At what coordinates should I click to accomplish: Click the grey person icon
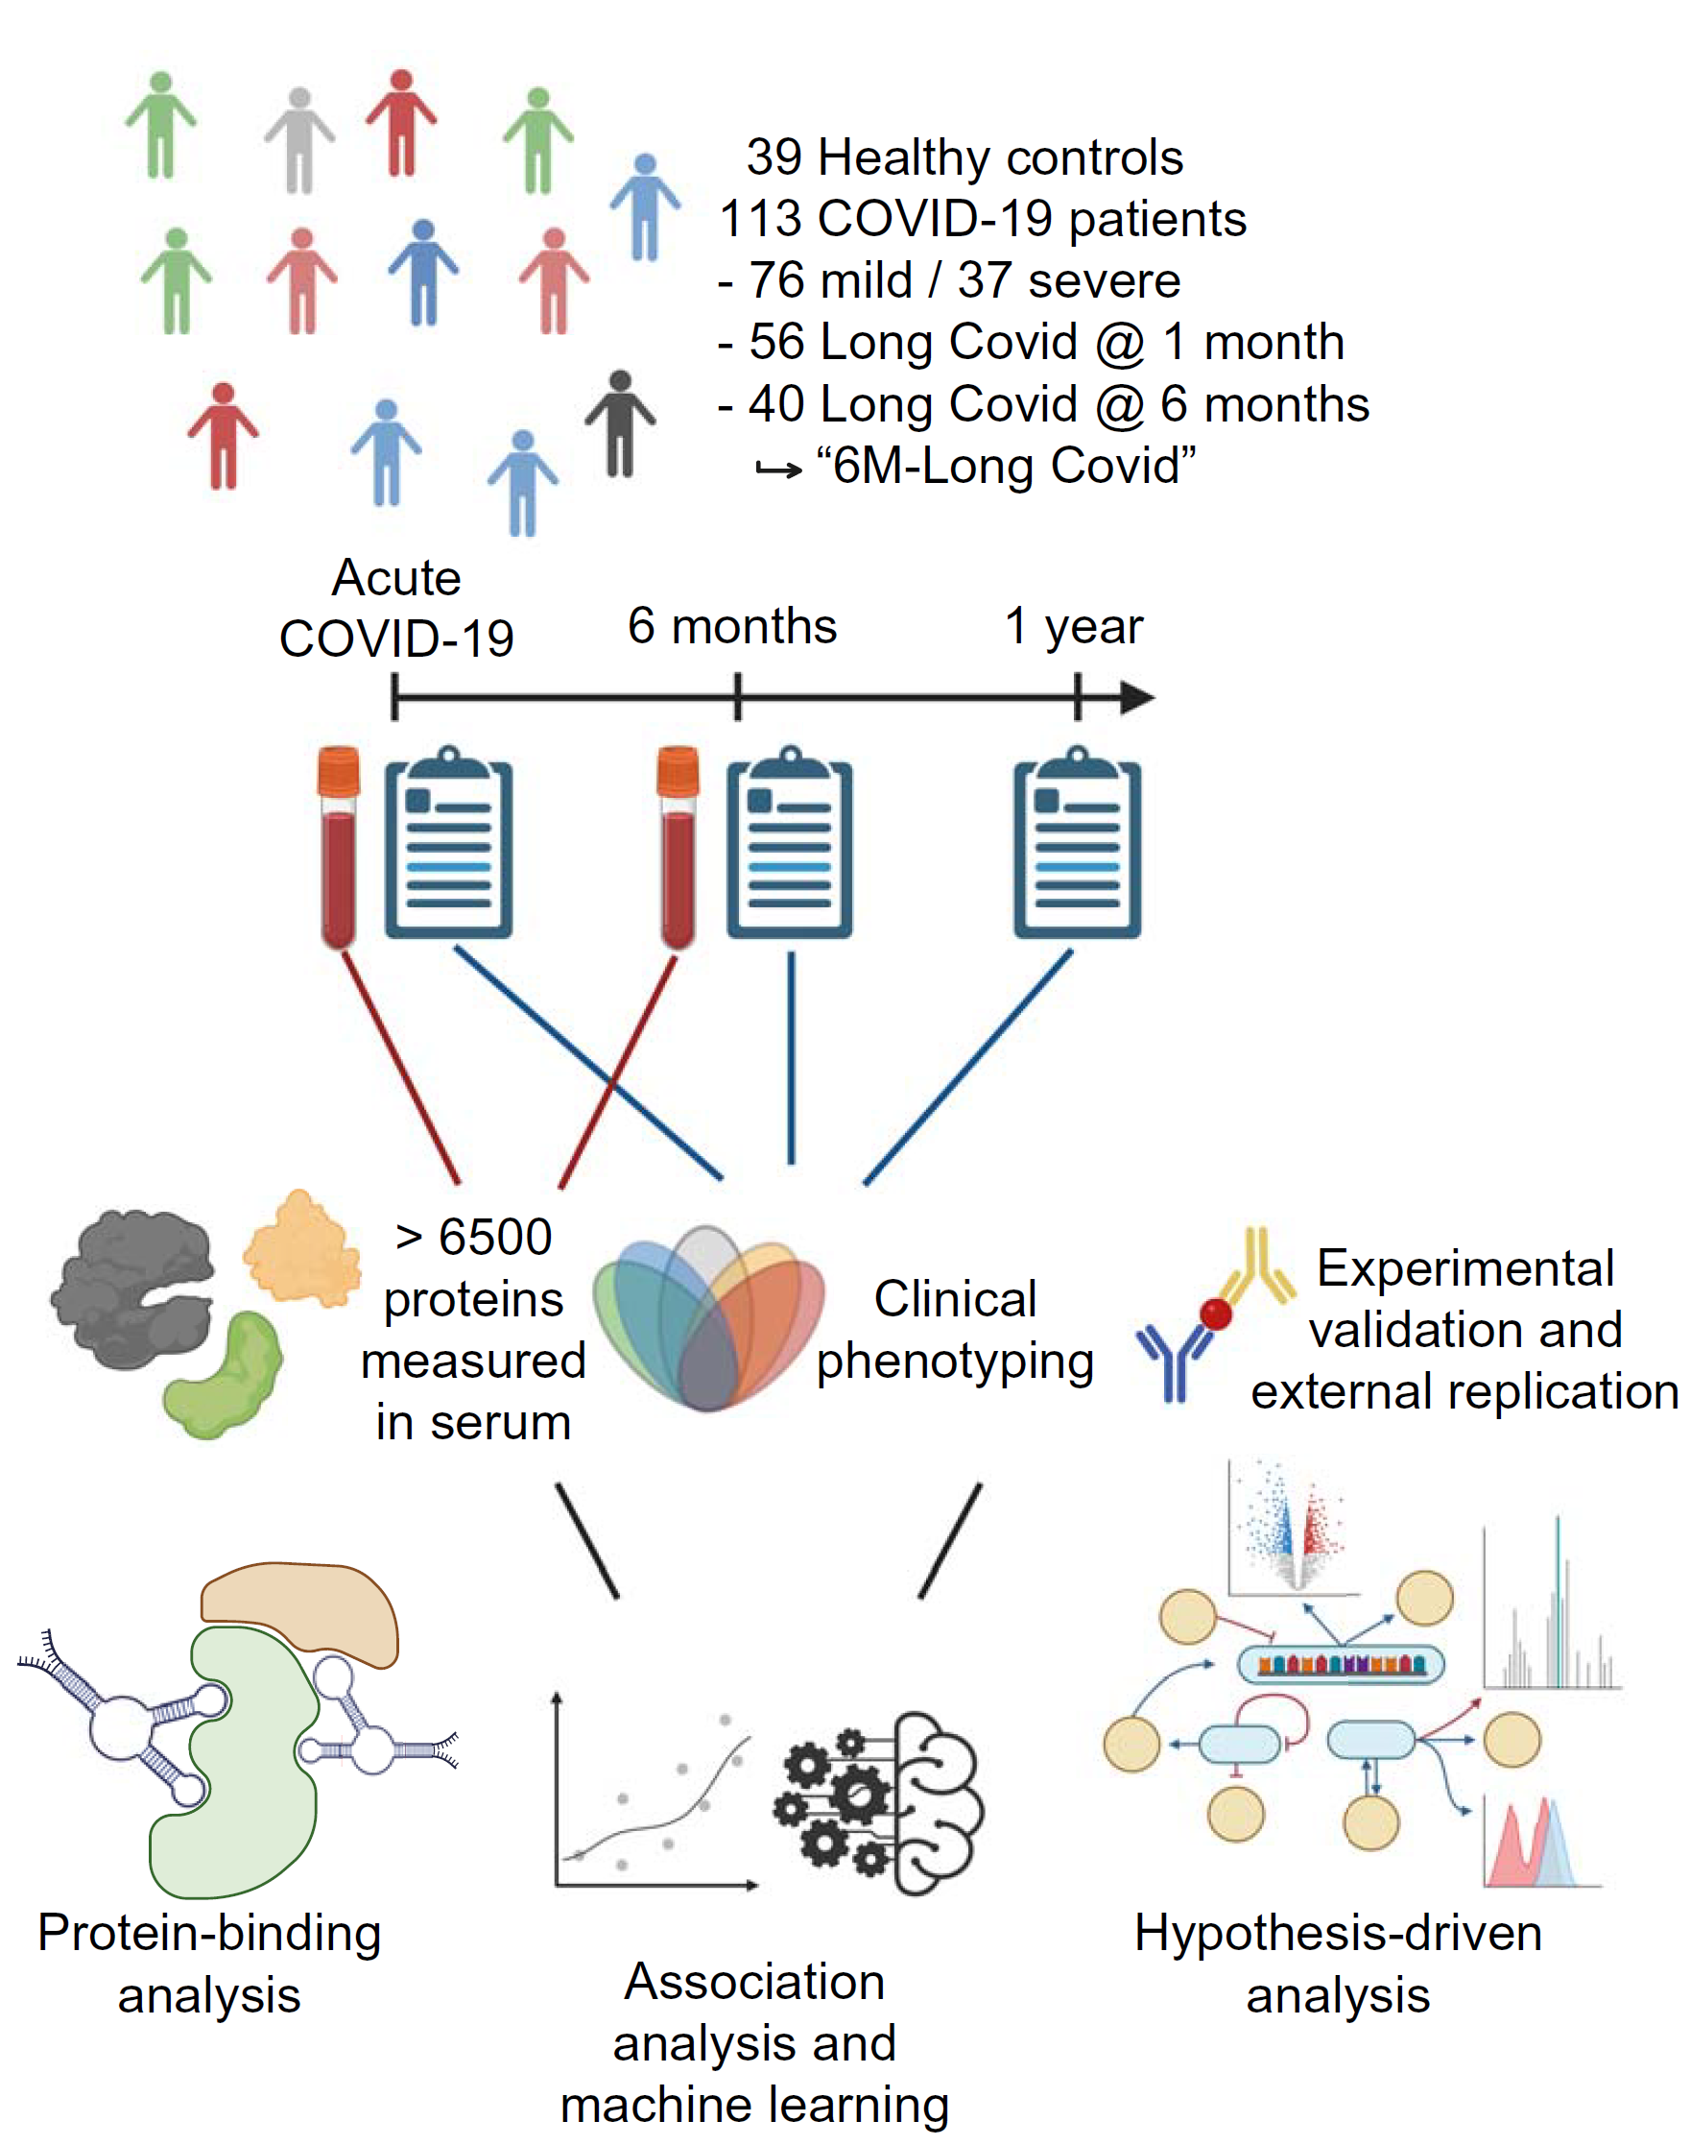[x=298, y=140]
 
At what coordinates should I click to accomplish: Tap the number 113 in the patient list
[x=761, y=219]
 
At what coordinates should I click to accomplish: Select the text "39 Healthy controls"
[x=964, y=157]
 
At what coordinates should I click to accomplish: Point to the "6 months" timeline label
[x=732, y=626]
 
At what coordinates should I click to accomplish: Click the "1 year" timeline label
[x=1074, y=626]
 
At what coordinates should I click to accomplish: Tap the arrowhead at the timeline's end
[x=1138, y=698]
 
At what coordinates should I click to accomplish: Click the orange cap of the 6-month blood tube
[x=678, y=771]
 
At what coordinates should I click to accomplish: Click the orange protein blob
[x=300, y=1247]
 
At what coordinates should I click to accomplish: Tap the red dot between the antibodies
[x=1216, y=1314]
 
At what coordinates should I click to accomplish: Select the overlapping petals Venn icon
[x=708, y=1316]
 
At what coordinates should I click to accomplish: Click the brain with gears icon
[x=881, y=1803]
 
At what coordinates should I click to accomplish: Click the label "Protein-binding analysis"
[x=210, y=1964]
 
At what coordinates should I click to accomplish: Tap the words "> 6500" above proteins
[x=473, y=1238]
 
